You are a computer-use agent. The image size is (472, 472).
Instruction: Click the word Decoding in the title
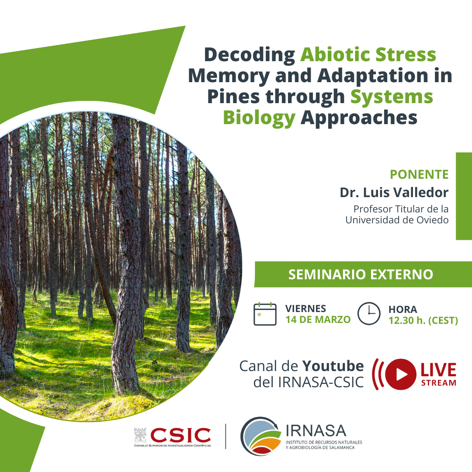click(250, 56)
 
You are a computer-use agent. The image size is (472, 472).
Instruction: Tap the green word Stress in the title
click(406, 55)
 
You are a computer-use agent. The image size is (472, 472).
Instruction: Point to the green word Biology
click(259, 118)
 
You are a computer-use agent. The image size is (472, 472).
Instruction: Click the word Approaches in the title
click(359, 118)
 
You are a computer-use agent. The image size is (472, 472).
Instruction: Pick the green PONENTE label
click(419, 174)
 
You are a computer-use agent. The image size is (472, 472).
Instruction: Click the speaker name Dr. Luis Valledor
click(394, 193)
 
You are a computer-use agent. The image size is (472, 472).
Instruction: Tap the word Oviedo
click(432, 220)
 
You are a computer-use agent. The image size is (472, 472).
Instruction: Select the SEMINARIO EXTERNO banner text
click(361, 274)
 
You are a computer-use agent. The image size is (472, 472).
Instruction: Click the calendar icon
click(265, 314)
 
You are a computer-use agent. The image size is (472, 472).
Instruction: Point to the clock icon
click(369, 313)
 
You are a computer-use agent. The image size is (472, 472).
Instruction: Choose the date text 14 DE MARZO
click(318, 319)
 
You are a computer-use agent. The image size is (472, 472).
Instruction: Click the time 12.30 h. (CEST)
click(423, 321)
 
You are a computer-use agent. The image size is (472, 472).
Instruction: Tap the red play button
click(401, 374)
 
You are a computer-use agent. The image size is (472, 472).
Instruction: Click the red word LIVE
click(438, 370)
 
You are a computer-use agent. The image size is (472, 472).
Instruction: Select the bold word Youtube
click(333, 366)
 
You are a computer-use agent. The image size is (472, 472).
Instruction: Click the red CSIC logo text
click(180, 435)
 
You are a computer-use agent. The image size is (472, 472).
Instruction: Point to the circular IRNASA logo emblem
click(260, 436)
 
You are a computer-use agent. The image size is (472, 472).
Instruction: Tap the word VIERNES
click(305, 309)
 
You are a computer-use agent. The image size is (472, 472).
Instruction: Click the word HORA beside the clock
click(403, 309)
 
